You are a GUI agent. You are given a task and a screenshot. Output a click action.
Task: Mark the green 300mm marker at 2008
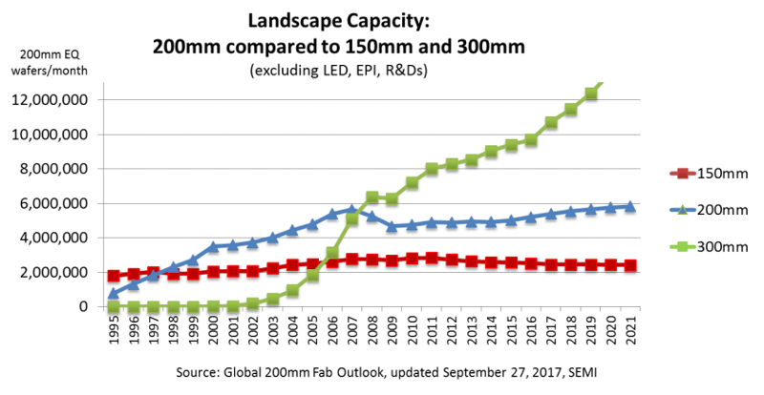coord(371,197)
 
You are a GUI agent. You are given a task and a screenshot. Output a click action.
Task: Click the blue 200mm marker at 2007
coord(352,210)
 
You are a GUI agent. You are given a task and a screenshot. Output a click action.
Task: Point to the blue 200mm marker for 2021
coord(629,206)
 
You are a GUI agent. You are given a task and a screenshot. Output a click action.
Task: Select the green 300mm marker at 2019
coord(590,94)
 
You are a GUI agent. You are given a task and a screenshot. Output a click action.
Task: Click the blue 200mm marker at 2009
coord(392,226)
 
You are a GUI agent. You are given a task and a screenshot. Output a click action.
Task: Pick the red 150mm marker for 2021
coord(629,265)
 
